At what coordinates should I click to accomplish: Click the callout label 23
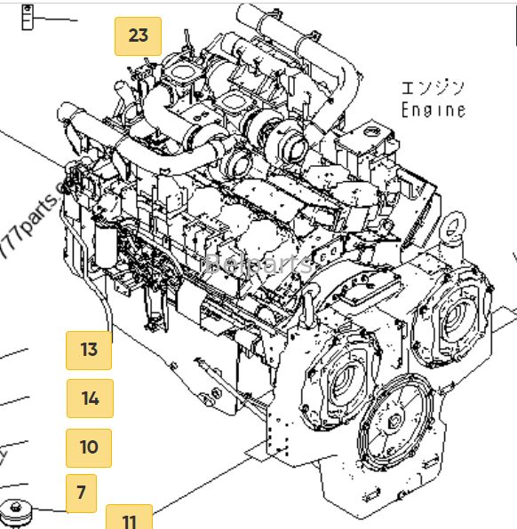[x=138, y=36]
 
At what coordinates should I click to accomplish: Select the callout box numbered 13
[x=89, y=349]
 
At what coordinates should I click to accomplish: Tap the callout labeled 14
[x=90, y=398]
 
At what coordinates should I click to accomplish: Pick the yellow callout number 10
[x=89, y=447]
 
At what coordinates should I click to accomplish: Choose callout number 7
[x=81, y=493]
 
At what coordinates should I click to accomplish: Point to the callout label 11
[x=130, y=519]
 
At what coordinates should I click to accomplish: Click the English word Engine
[x=433, y=110]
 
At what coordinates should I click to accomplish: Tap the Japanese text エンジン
[x=433, y=87]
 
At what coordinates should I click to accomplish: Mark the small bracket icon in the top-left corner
[x=29, y=15]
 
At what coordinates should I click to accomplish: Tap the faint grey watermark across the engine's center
[x=258, y=263]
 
